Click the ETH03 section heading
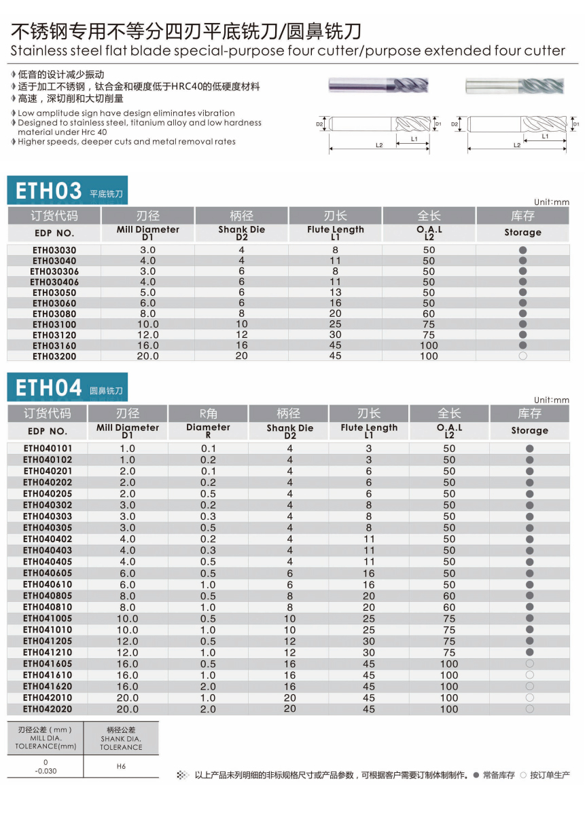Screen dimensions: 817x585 [48, 191]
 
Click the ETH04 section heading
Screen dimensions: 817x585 [48, 388]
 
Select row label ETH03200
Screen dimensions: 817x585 [54, 356]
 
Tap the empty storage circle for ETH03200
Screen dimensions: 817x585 [522, 356]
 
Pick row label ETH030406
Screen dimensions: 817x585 [54, 282]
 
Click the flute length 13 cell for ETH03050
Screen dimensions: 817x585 [336, 292]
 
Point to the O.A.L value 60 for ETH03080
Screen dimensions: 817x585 [429, 313]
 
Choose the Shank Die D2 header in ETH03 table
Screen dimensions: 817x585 [242, 233]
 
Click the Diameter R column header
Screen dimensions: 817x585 [208, 430]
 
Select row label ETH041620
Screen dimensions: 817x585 [48, 686]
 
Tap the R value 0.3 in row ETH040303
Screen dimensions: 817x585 [208, 516]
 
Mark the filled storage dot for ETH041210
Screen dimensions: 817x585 [529, 652]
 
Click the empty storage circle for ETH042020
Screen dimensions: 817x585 [529, 708]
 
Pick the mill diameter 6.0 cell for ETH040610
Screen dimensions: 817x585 [128, 584]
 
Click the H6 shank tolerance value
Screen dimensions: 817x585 [121, 766]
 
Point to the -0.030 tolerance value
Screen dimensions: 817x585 [46, 771]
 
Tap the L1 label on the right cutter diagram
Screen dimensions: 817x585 [545, 136]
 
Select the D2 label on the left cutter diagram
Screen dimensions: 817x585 [319, 124]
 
